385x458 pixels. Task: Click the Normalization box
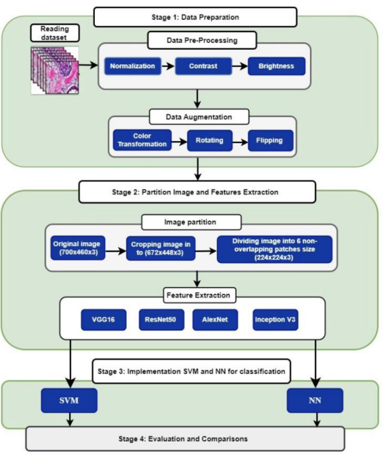click(132, 66)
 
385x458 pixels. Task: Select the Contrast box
click(203, 66)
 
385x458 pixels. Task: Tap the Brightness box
click(276, 66)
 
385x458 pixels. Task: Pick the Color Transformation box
click(142, 140)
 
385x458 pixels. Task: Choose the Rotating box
click(210, 140)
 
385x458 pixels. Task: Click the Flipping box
click(270, 140)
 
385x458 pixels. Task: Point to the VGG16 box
click(104, 320)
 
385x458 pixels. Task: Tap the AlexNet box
click(215, 320)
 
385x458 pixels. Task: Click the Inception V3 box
click(275, 320)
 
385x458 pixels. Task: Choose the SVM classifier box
click(69, 401)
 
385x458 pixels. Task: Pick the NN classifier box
click(315, 401)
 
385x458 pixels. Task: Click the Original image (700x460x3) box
click(78, 248)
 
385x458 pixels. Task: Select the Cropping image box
click(160, 248)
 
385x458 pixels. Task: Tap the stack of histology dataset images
click(55, 70)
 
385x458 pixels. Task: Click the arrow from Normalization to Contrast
click(168, 66)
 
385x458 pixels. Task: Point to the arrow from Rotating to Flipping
click(240, 142)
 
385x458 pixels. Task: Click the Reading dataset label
click(55, 33)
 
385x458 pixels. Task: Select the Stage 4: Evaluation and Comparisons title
click(183, 439)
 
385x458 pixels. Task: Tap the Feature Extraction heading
click(199, 295)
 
